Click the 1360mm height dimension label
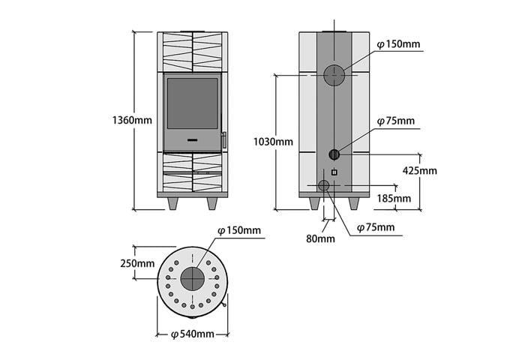click(x=132, y=120)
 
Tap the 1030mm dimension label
click(x=273, y=142)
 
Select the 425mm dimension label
click(x=419, y=170)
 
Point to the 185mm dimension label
click(x=394, y=198)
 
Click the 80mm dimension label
click(x=320, y=238)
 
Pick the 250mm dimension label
click(x=137, y=263)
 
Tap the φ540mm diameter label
click(x=193, y=334)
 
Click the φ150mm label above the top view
click(x=239, y=230)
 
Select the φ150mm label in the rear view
click(x=398, y=43)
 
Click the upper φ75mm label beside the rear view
click(x=396, y=121)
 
